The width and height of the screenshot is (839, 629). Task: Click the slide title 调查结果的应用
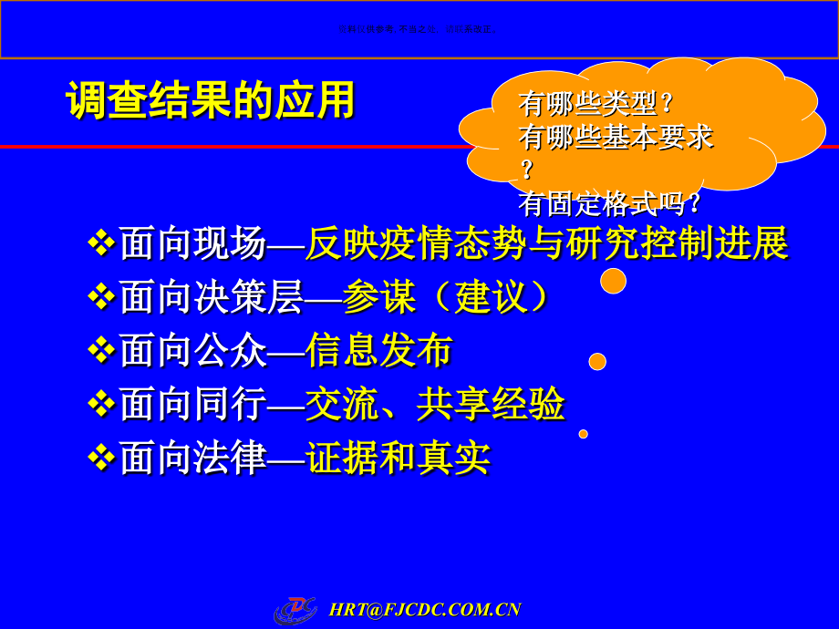[x=211, y=100]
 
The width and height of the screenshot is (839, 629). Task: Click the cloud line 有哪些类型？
[x=597, y=102]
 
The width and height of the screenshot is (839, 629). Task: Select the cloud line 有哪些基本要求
[x=616, y=137]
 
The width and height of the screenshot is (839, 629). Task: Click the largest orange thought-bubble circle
[x=613, y=281]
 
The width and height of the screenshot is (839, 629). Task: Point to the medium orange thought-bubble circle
[x=597, y=362]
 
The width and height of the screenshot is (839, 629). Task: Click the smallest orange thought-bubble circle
[x=583, y=434]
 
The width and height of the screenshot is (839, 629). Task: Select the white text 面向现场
[x=192, y=243]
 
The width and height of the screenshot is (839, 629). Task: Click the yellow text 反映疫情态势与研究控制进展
[x=546, y=243]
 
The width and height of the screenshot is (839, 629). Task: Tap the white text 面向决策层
[x=211, y=297]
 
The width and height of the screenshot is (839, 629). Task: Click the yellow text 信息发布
[x=378, y=351]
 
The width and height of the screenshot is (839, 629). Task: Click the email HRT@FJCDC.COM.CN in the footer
[x=424, y=610]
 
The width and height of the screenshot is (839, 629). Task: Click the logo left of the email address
[x=295, y=609]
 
